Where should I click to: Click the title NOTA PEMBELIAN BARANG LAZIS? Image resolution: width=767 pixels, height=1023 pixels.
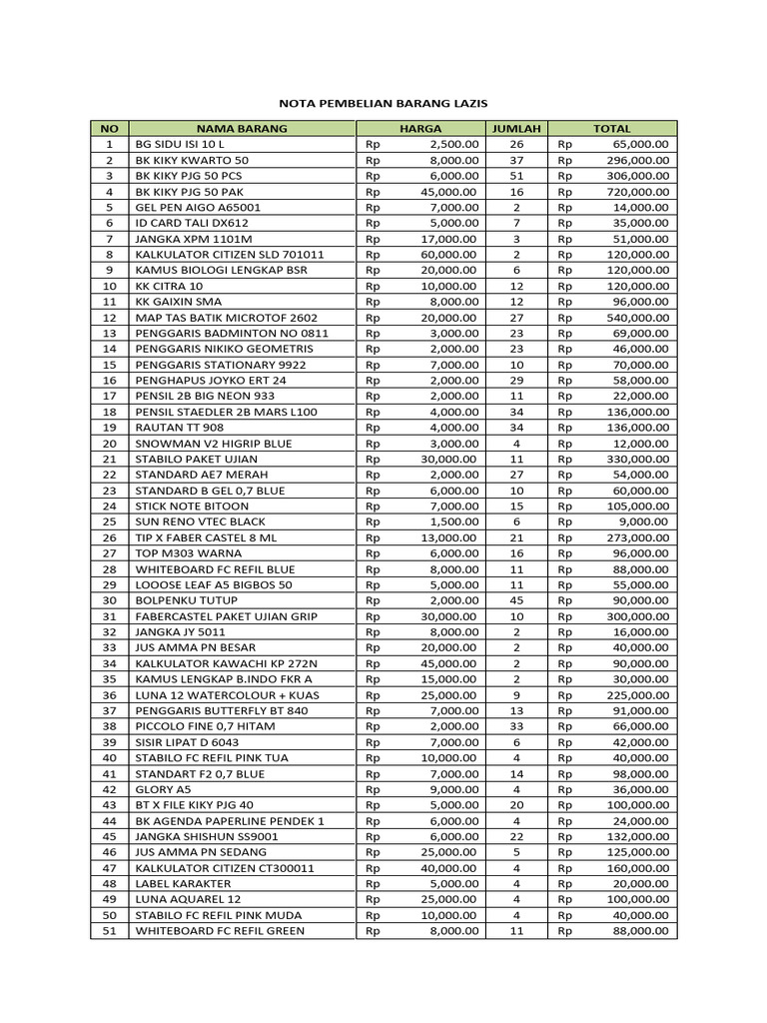pyautogui.click(x=383, y=103)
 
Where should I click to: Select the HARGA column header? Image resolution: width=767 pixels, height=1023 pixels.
pyautogui.click(x=419, y=128)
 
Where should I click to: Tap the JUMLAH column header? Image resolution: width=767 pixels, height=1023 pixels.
pyautogui.click(x=515, y=128)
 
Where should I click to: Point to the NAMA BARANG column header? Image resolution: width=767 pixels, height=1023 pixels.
pyautogui.click(x=241, y=128)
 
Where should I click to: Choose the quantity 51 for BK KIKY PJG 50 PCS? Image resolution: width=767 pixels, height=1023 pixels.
pyautogui.click(x=515, y=175)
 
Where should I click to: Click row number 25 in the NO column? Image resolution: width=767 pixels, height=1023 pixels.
pyautogui.click(x=110, y=521)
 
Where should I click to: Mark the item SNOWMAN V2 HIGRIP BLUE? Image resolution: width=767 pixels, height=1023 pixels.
pyautogui.click(x=214, y=443)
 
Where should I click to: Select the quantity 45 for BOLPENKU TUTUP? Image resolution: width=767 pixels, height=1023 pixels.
pyautogui.click(x=515, y=600)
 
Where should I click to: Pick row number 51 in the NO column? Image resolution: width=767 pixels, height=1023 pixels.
pyautogui.click(x=110, y=931)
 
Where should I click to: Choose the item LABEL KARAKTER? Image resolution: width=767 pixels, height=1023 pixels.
pyautogui.click(x=183, y=883)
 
